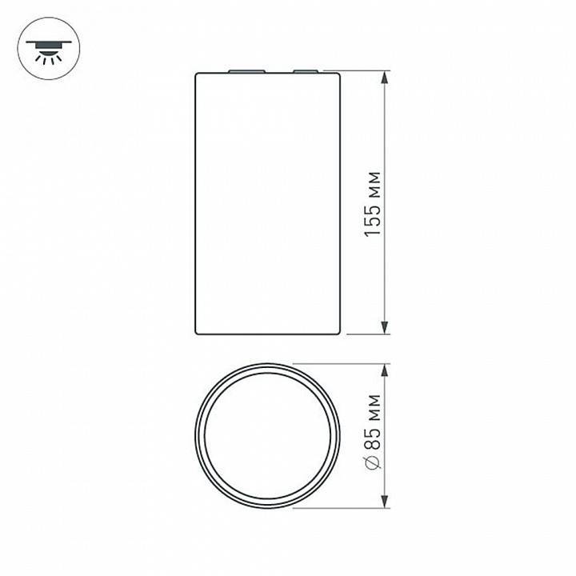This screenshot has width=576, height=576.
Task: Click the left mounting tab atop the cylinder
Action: [240, 72]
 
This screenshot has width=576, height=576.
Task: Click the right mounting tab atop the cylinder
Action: [305, 72]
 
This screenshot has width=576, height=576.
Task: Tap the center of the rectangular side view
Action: [270, 203]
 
